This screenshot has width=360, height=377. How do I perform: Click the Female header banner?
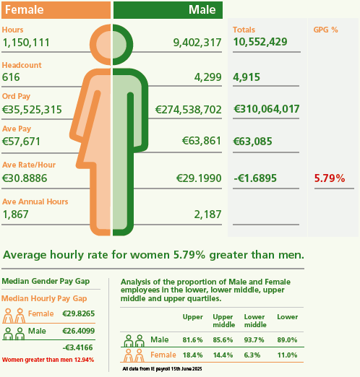click(55, 10)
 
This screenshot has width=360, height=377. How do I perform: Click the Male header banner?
click(168, 10)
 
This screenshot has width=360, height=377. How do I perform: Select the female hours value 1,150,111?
click(25, 43)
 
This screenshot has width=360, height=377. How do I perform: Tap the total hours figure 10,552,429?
click(261, 42)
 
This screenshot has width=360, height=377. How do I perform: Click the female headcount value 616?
click(11, 77)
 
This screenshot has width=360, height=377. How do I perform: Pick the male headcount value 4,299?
click(206, 77)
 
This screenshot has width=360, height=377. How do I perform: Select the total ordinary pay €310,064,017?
click(267, 109)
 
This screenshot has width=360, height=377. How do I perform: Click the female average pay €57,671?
click(22, 141)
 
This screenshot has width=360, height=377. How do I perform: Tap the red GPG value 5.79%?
click(329, 178)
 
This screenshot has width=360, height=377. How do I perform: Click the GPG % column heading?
click(325, 30)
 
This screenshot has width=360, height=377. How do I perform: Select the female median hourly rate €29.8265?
click(78, 313)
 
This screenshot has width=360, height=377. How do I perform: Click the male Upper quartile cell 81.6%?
click(193, 340)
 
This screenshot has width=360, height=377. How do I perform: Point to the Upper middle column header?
click(223, 321)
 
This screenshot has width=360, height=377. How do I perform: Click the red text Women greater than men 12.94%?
click(48, 359)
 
